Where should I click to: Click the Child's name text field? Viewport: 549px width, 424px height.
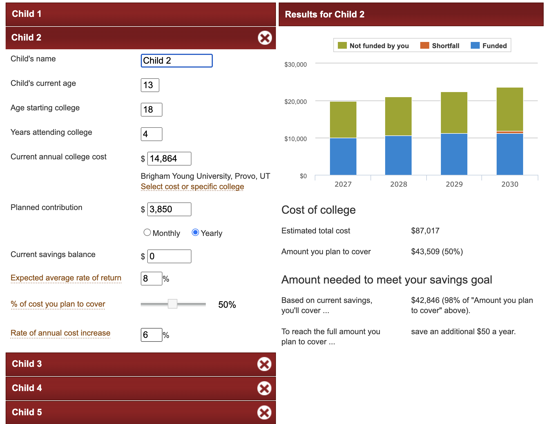(x=177, y=61)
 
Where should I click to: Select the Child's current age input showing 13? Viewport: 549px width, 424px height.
(x=150, y=85)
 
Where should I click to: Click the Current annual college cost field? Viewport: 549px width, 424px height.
(x=169, y=159)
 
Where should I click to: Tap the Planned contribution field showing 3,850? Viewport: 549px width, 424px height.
(x=169, y=209)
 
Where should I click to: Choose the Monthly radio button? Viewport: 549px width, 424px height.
(x=147, y=233)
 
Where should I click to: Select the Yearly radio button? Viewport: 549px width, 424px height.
(x=195, y=233)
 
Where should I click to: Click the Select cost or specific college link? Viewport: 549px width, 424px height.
(x=192, y=187)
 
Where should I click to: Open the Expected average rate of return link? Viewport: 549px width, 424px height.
(x=66, y=278)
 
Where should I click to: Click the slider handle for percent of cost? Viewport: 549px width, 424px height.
(x=173, y=304)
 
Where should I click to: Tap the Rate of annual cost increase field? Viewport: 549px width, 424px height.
(x=151, y=335)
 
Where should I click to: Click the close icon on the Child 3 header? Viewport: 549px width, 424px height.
(x=264, y=364)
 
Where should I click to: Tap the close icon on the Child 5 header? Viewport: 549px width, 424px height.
(x=264, y=412)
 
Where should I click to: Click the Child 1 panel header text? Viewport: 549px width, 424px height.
(x=27, y=14)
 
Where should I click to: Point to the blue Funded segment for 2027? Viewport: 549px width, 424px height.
(x=343, y=156)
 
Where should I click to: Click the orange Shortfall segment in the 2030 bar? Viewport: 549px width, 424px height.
(x=510, y=132)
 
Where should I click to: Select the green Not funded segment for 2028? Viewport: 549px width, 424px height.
(x=398, y=116)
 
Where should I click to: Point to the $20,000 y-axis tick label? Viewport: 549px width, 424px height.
(x=295, y=102)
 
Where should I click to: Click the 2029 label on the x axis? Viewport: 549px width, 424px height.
(x=454, y=184)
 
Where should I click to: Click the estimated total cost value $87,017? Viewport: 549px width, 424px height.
(x=425, y=231)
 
